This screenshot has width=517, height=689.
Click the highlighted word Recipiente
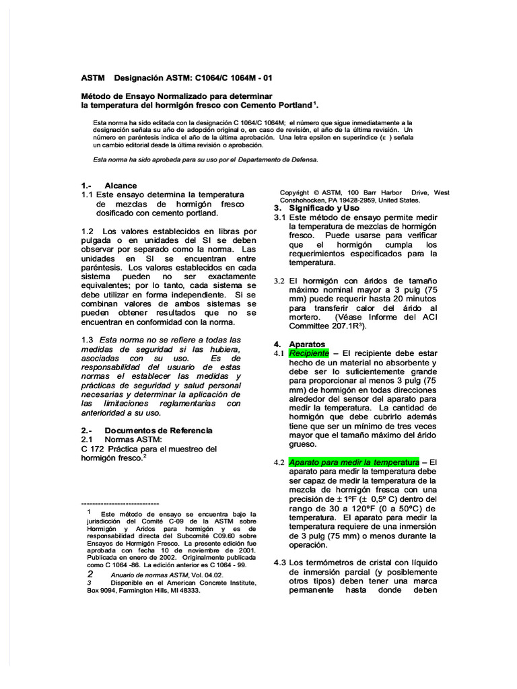(x=309, y=353)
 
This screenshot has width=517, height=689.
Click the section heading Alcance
(x=120, y=186)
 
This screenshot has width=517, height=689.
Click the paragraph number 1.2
(x=88, y=231)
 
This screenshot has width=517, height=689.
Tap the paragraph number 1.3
(x=88, y=340)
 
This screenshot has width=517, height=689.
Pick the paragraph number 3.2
(x=279, y=281)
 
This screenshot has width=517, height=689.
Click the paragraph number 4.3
(x=280, y=563)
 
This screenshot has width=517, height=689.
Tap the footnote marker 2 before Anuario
(x=90, y=575)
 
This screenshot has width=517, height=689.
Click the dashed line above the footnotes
(x=120, y=503)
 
